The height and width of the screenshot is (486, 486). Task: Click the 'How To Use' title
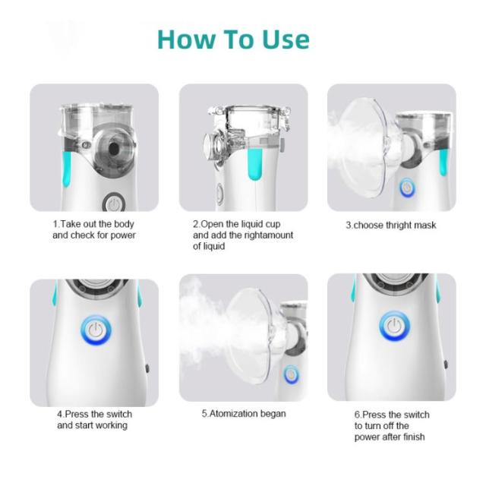point(233,39)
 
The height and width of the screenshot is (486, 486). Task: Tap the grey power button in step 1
point(114,204)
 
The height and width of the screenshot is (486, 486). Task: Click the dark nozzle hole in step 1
point(114,149)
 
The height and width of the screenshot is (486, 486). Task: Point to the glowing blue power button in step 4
point(96,331)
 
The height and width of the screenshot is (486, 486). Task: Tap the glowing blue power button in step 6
point(394,326)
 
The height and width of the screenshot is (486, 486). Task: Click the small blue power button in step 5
point(291,374)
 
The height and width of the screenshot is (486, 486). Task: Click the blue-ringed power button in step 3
point(407,188)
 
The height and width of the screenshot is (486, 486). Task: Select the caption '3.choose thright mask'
point(391,225)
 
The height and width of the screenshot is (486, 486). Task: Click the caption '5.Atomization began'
point(244,414)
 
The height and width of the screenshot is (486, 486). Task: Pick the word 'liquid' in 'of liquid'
point(213,246)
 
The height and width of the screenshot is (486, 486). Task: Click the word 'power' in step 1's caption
point(123,235)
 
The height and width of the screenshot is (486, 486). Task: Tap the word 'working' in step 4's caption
point(111,425)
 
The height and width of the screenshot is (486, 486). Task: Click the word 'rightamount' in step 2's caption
point(268,235)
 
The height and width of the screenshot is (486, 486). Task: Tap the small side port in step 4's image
point(147,368)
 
